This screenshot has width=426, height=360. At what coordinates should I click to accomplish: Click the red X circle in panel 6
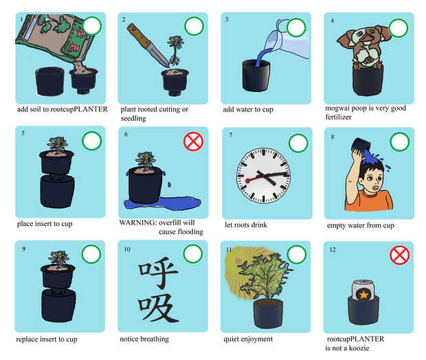193,142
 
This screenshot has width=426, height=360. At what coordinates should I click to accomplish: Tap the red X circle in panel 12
399,255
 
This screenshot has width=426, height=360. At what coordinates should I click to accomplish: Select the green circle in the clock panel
298,143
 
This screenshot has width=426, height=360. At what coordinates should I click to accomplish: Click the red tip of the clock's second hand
247,181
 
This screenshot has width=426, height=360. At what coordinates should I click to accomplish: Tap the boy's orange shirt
368,201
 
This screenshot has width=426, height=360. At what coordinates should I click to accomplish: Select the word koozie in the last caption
359,348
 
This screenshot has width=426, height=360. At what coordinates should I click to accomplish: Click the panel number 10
127,249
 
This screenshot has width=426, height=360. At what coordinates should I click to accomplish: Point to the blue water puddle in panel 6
163,203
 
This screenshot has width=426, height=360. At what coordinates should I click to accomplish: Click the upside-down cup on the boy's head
360,146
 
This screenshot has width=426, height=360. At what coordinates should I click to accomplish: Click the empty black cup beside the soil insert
50,81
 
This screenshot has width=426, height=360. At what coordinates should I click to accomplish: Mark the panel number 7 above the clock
231,135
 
